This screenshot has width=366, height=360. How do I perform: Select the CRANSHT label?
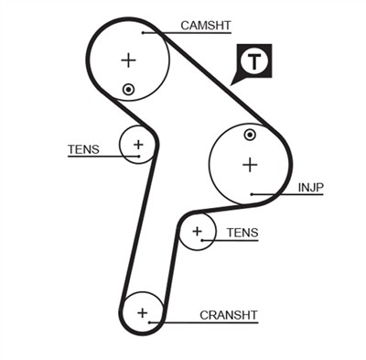point(229,315)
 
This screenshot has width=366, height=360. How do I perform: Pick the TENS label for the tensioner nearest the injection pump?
point(242,234)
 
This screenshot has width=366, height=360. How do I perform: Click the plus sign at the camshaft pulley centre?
point(128,60)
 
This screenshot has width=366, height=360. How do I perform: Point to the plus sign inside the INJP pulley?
point(249,165)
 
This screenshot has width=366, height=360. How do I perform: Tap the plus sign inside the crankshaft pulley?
point(142,312)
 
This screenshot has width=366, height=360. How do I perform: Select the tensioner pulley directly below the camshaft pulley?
point(138,144)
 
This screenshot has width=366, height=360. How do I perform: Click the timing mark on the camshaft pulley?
point(129,89)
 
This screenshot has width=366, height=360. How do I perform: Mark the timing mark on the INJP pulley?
point(250,136)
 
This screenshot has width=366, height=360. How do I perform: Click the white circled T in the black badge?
point(254,61)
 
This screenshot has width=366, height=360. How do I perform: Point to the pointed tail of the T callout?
point(234,82)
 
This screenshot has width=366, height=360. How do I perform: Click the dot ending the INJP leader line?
point(252,194)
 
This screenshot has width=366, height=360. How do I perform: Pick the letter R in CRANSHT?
point(211,315)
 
